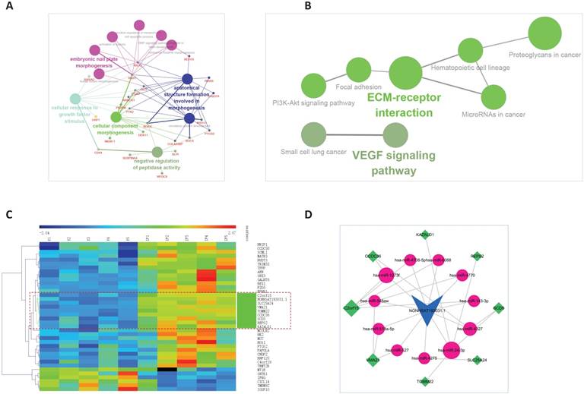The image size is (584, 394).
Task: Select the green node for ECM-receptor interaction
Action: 405,74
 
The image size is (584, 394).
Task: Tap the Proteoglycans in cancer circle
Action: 544,34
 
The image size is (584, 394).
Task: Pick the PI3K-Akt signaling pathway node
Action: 314,86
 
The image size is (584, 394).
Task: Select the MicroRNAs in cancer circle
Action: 494,97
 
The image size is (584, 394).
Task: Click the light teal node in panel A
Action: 75,98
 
